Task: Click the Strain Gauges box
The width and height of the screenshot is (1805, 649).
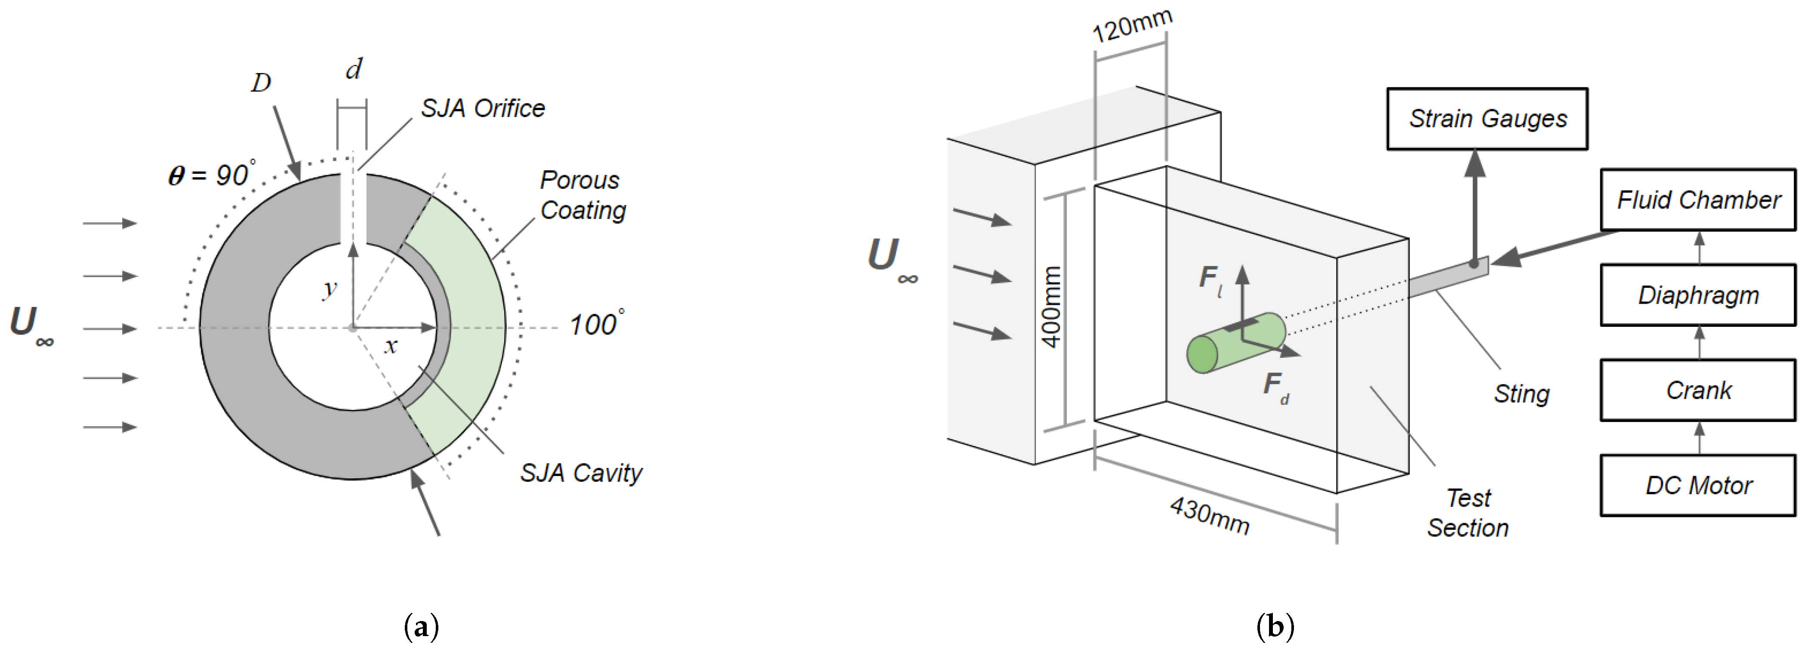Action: tap(1487, 118)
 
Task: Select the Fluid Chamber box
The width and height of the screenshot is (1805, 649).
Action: tap(1698, 200)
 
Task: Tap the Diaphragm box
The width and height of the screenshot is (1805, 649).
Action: tap(1698, 295)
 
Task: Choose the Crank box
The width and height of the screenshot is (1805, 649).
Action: tap(1698, 391)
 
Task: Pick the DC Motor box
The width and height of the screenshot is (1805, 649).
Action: tap(1698, 485)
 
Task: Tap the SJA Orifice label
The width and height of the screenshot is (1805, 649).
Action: tap(483, 109)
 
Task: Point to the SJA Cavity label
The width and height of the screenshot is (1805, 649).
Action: tap(581, 473)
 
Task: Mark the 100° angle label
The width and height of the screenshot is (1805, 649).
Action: tap(596, 324)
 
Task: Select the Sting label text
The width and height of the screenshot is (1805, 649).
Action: tap(1521, 394)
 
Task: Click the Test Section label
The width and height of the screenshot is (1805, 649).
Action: tap(1468, 513)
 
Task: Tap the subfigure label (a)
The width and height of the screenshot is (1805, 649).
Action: tap(422, 626)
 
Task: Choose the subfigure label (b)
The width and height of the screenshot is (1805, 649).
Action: tap(1275, 626)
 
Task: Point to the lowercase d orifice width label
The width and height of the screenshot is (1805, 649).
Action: tap(354, 69)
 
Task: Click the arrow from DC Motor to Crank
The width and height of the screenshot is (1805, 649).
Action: tap(1698, 437)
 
